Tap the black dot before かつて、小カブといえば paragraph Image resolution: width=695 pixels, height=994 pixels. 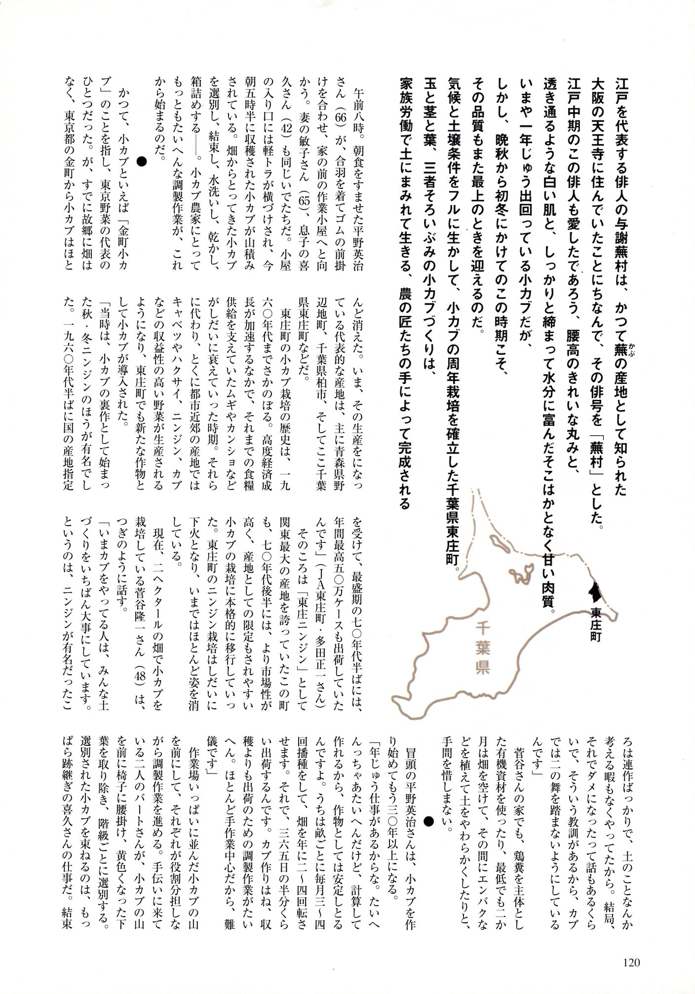coord(142,161)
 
